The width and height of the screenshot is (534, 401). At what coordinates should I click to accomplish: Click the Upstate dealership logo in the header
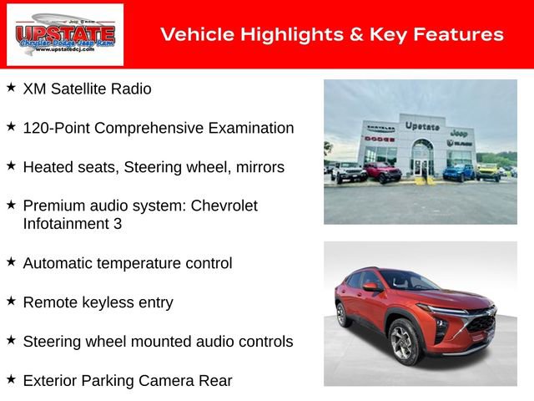[65, 34]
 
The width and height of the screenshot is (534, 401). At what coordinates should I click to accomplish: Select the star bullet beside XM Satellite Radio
[11, 87]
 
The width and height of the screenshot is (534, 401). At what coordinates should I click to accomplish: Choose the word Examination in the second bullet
[252, 128]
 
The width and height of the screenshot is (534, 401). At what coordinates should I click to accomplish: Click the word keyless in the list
[108, 302]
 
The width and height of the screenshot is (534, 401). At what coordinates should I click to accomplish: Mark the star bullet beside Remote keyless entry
[11, 301]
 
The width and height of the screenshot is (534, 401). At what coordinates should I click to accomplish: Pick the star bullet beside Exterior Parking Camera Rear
[11, 379]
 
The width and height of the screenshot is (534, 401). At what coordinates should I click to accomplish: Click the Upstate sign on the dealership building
[422, 126]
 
